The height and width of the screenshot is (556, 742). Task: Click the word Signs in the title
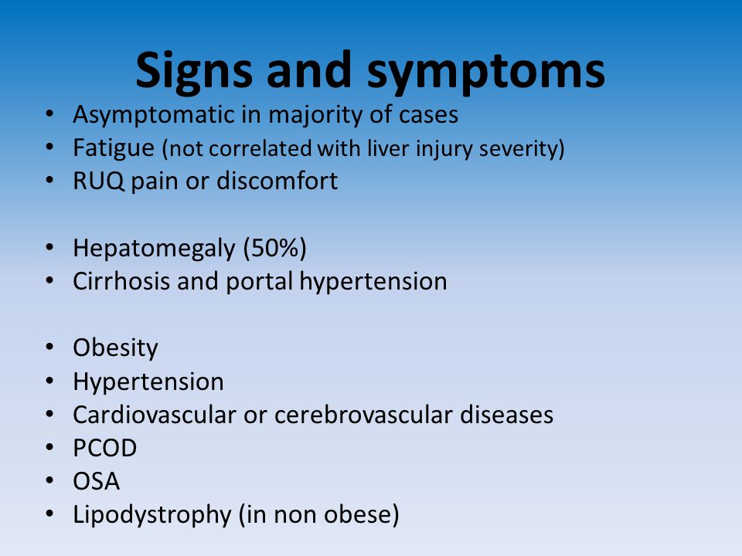[194, 71]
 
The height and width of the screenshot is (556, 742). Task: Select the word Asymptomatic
[154, 115]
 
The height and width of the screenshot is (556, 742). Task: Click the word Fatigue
[114, 148]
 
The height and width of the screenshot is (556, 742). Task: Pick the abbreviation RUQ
[98, 181]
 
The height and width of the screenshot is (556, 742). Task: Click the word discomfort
[277, 181]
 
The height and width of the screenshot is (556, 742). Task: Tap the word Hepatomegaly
[154, 249]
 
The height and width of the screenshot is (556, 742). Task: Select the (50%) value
[274, 248]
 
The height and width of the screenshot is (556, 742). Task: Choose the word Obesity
[115, 348]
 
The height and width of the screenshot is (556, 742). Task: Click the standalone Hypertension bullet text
[148, 382]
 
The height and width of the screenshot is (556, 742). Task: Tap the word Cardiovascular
[155, 415]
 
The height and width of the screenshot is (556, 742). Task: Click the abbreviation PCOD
[105, 448]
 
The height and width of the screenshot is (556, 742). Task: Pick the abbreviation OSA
[97, 481]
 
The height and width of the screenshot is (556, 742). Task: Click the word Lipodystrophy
[152, 515]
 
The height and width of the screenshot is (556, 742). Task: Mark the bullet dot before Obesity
[49, 347]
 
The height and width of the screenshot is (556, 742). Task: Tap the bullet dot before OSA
[49, 480]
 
